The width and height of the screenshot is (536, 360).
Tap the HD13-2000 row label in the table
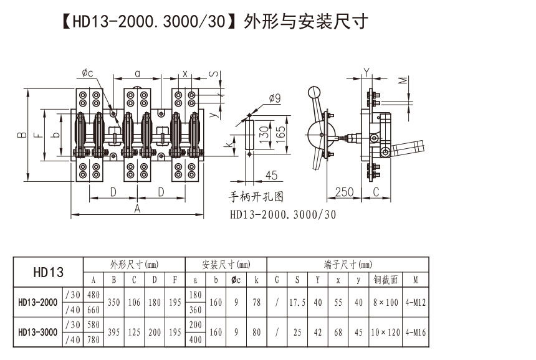tap(37, 303)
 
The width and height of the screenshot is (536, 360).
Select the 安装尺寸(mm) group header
tap(226, 264)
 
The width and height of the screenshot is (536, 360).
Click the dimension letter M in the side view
tap(403, 80)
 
